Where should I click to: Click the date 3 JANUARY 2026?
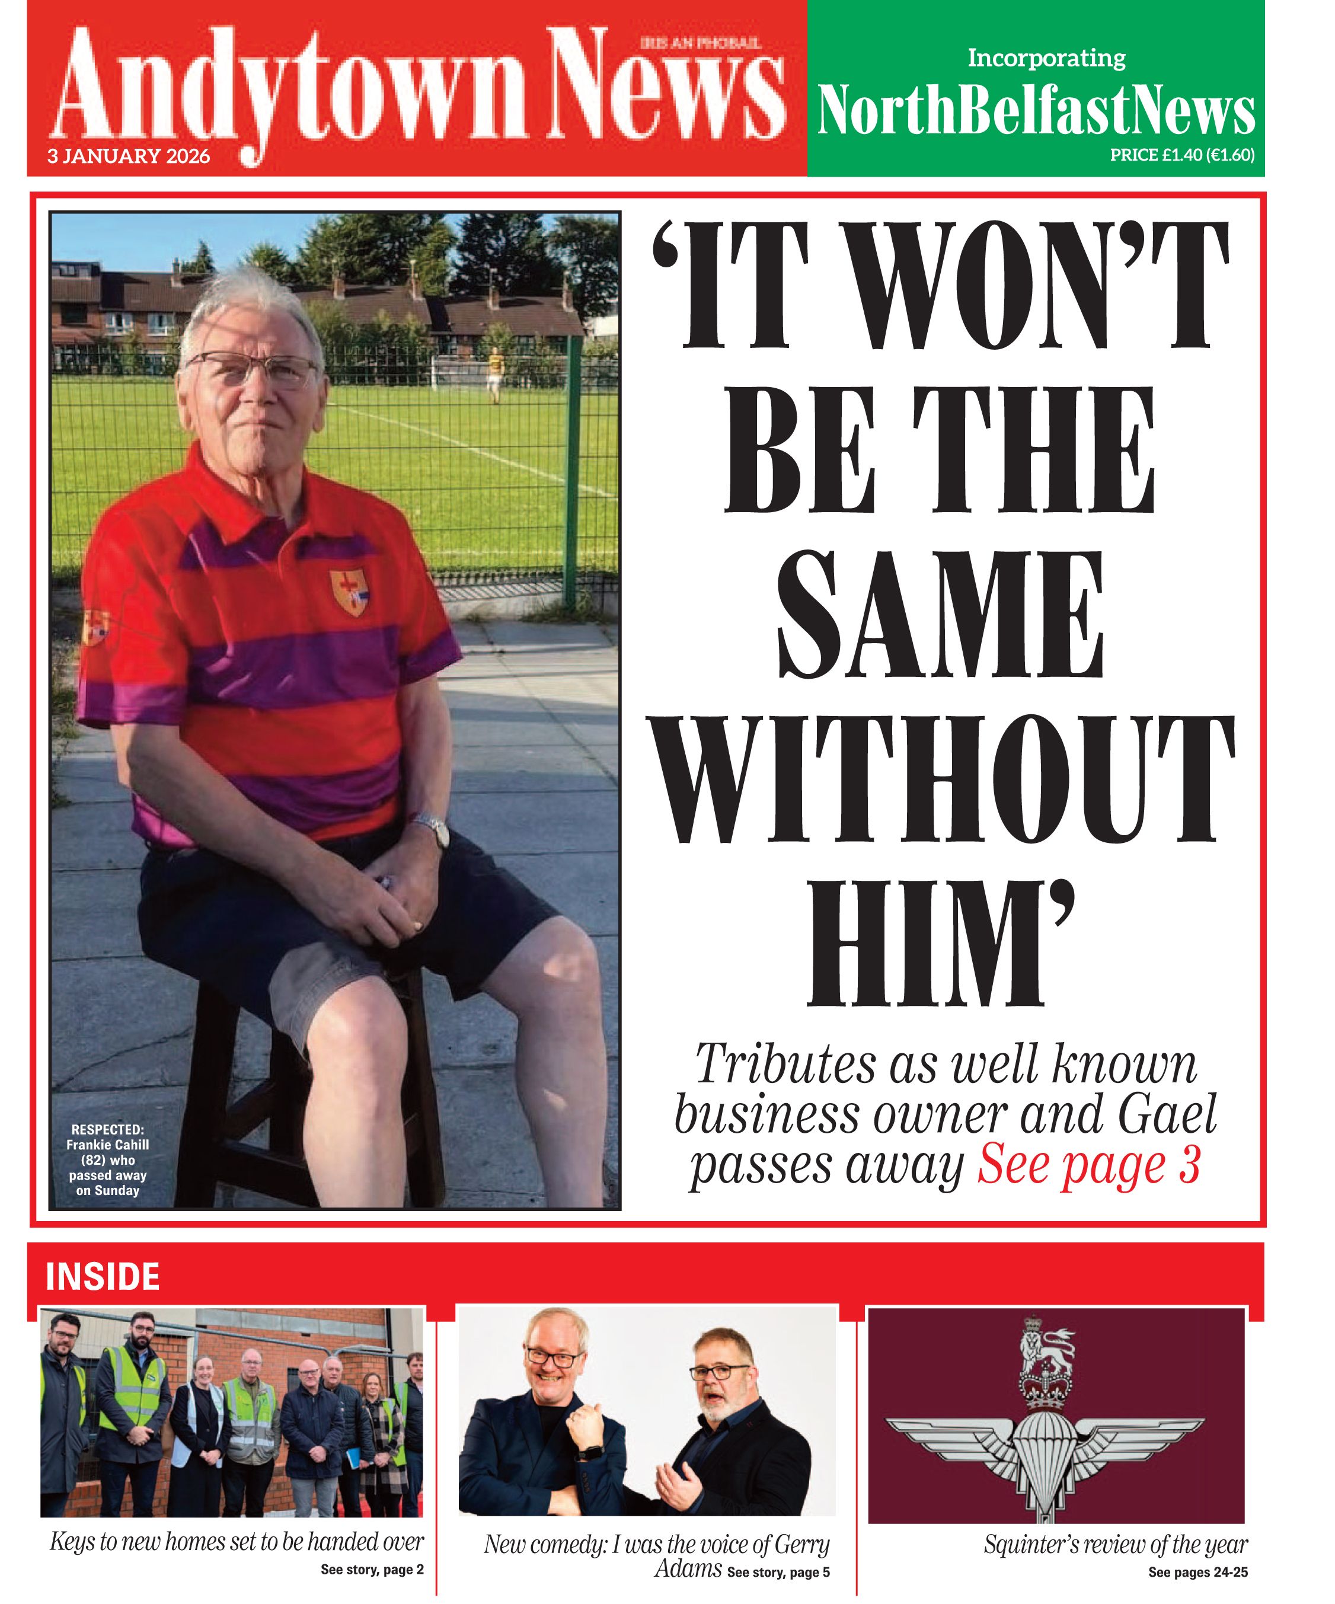[128, 156]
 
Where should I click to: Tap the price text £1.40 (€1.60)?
[1181, 155]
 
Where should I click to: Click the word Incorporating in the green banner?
[1046, 58]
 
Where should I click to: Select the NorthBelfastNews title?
[1036, 111]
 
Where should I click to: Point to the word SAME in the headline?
[940, 615]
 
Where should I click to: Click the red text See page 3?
[1088, 1165]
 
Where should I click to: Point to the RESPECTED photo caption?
[108, 1159]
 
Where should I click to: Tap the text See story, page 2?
[372, 1570]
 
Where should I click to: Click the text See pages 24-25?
[1197, 1572]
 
